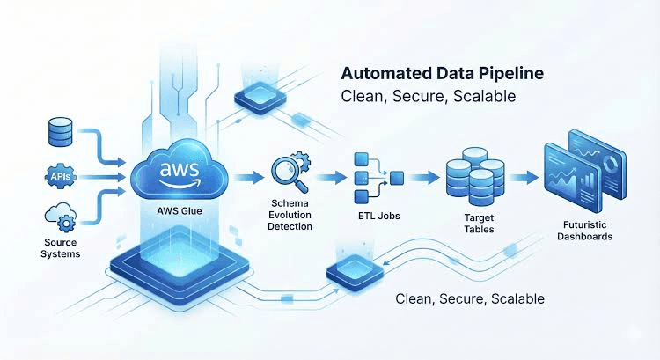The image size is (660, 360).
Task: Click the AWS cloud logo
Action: pyautogui.click(x=180, y=170)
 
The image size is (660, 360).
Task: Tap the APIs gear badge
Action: pyautogui.click(x=60, y=176)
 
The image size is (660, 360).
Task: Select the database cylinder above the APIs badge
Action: pyautogui.click(x=60, y=132)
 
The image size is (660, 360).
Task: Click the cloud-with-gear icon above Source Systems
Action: pyautogui.click(x=61, y=217)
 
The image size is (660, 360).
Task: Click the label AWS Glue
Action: pyautogui.click(x=180, y=210)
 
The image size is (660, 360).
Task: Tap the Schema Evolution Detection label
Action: pyautogui.click(x=290, y=215)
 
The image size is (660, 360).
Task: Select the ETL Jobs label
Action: pyautogui.click(x=378, y=216)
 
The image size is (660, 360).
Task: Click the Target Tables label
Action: pyautogui.click(x=479, y=224)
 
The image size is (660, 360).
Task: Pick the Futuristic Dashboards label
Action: pyautogui.click(x=584, y=231)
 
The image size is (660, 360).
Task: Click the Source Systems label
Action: pyautogui.click(x=60, y=248)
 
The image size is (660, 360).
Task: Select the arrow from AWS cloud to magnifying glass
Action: pyautogui.click(x=248, y=177)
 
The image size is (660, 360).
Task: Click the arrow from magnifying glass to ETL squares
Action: pyautogui.click(x=331, y=177)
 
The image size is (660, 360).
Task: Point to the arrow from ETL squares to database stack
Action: pyautogui.click(x=424, y=177)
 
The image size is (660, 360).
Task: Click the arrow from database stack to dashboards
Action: pyautogui.click(x=524, y=177)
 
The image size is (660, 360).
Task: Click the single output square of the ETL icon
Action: pyautogui.click(x=397, y=178)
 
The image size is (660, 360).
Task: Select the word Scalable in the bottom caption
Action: pyautogui.click(x=517, y=298)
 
